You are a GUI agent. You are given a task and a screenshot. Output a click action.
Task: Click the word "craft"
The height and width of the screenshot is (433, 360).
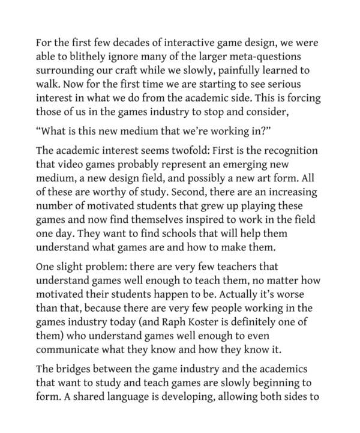click(132, 71)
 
